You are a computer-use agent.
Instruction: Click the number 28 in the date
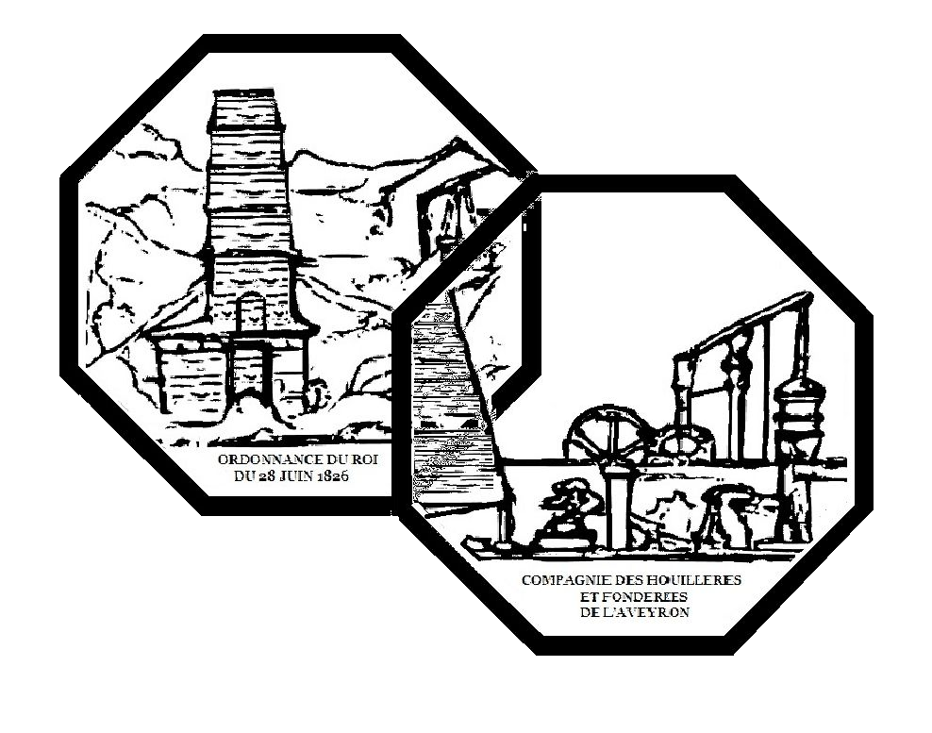click(262, 476)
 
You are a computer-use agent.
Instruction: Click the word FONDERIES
click(653, 595)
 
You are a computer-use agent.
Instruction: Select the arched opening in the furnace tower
click(251, 311)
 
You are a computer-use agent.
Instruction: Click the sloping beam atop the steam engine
click(745, 325)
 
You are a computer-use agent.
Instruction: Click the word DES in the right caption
click(626, 579)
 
